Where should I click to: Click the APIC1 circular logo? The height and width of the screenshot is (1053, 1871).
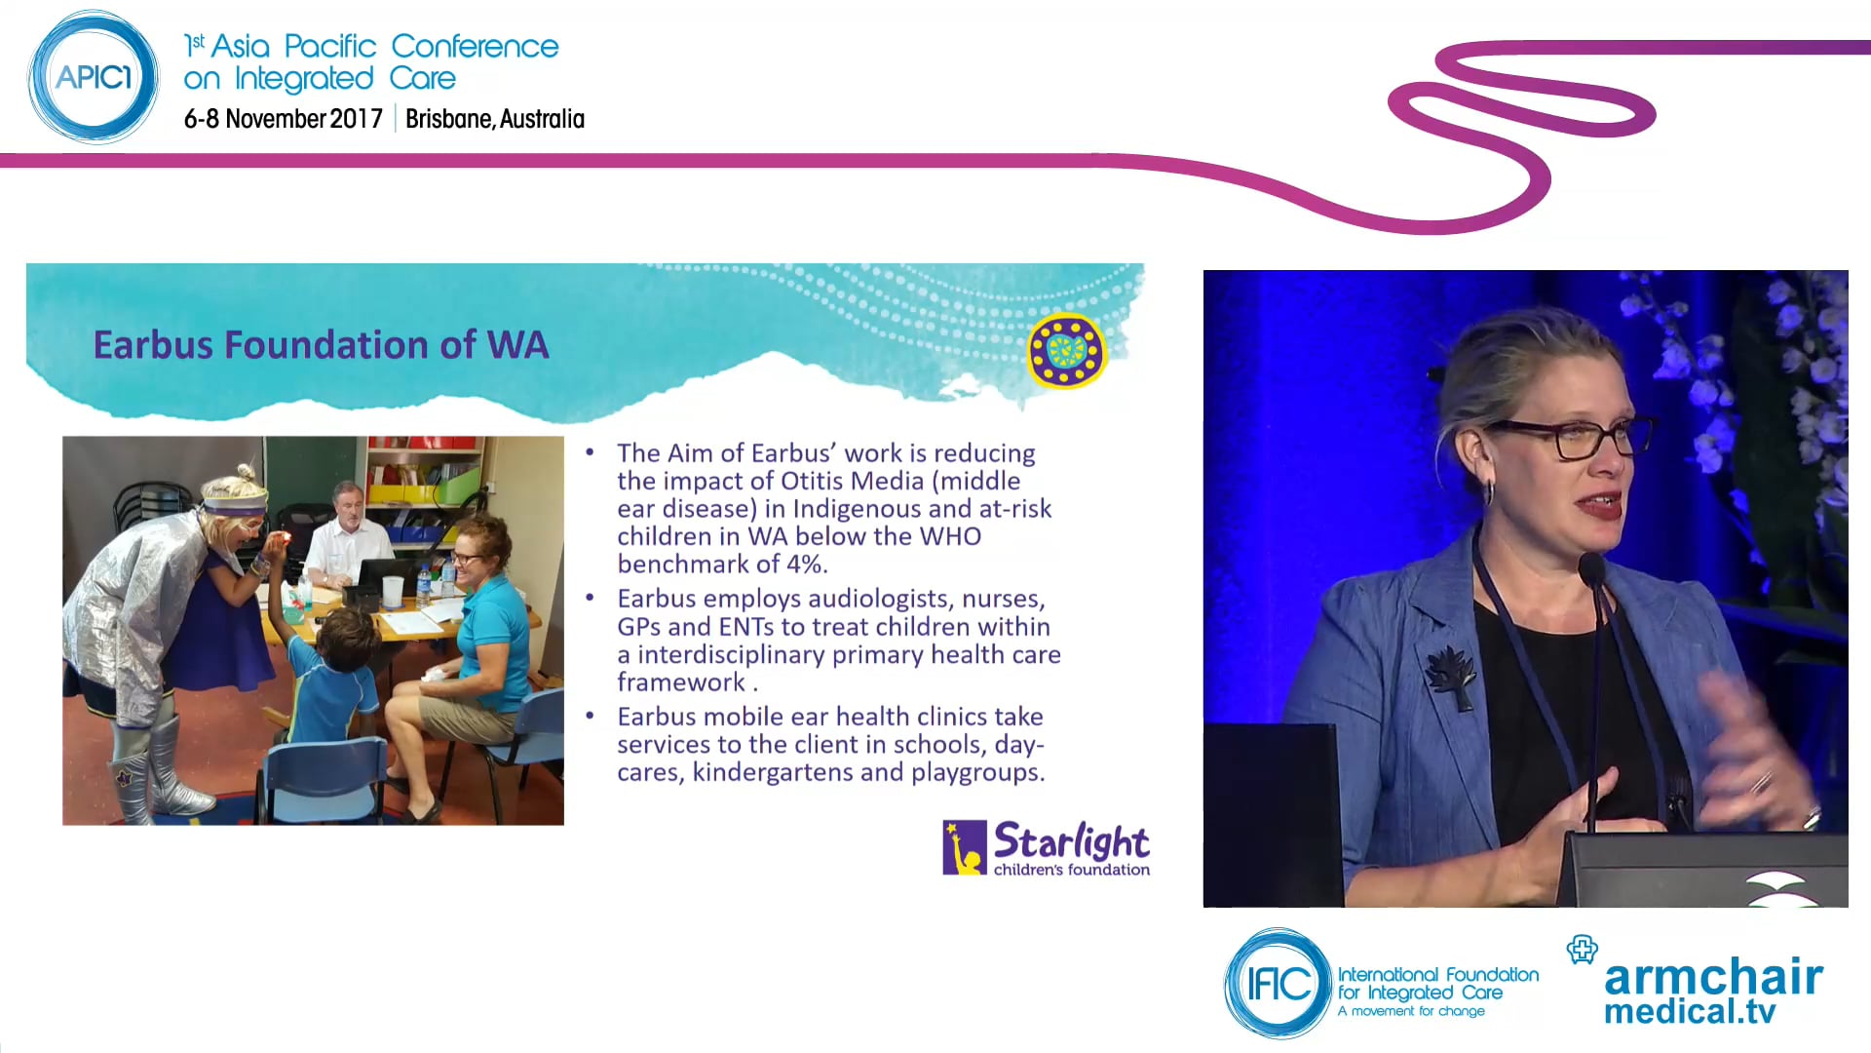coord(94,78)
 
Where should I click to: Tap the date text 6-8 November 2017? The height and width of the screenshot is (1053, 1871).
coord(283,119)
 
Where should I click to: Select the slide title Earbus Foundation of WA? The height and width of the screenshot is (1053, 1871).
coord(321,345)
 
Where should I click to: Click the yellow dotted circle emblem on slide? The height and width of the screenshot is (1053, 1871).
coord(1066,350)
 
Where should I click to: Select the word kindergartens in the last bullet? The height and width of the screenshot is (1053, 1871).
coord(772,772)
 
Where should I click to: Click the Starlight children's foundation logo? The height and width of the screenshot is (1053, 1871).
coord(1047,847)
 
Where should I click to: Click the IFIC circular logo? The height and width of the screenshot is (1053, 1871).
coord(1278,983)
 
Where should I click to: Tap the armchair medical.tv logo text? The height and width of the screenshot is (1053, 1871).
coord(1712,991)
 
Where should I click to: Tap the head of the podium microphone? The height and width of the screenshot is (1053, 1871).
coord(1591,567)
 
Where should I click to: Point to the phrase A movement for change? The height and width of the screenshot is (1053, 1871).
coord(1411,1011)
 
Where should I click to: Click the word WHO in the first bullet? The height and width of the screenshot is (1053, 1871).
coord(953,536)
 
